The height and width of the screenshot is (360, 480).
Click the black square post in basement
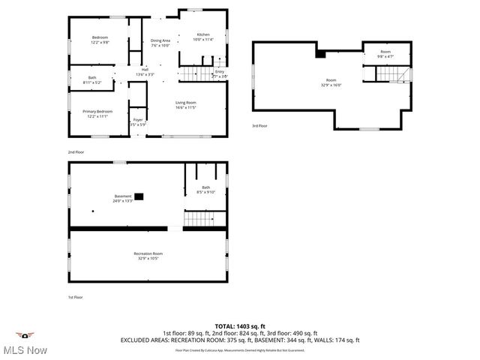(139, 196)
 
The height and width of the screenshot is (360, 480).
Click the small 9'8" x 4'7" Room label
(385, 53)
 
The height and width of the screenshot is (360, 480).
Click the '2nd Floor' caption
(76, 151)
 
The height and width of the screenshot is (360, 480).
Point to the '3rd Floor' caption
(259, 126)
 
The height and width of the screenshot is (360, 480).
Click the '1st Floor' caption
(76, 297)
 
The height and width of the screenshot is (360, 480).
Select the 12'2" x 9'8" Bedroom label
(100, 40)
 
